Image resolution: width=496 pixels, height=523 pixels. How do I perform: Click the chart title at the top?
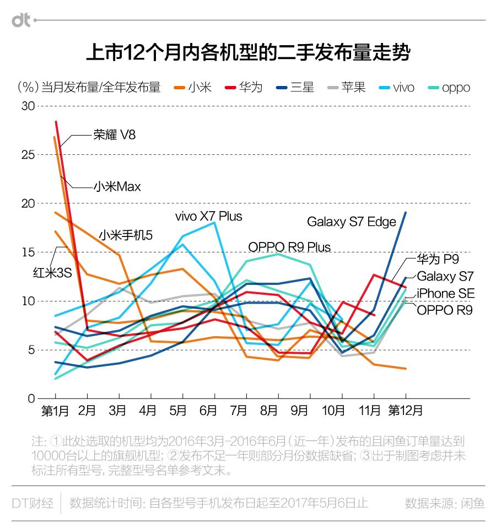point(248,53)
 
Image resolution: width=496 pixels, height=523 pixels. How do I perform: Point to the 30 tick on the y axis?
point(28,106)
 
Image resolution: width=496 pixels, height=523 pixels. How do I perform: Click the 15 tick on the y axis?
point(28,252)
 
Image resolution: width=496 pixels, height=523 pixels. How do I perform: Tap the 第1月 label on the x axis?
point(56,411)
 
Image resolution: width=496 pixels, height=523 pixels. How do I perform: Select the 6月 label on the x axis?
point(207,411)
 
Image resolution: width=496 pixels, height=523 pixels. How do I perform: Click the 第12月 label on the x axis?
point(406,411)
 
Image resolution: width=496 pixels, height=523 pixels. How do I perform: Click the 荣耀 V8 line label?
point(114,134)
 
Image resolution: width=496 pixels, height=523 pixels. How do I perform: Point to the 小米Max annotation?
point(117,187)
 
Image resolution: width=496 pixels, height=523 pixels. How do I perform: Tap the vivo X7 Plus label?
point(208,216)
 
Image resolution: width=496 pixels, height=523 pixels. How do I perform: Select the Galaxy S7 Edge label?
point(352,222)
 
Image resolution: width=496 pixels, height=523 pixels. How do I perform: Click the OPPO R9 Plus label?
point(289,246)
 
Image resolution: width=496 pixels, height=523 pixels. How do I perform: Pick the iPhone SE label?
point(445,293)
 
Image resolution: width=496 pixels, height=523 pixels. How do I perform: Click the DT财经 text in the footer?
point(33,503)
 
